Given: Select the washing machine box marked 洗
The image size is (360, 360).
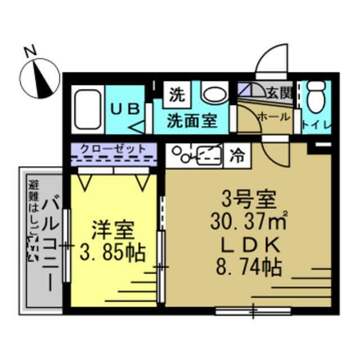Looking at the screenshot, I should pos(176,93).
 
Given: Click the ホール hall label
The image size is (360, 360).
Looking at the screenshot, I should pos(274,116).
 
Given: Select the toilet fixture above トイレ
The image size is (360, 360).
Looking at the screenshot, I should pos(317,95).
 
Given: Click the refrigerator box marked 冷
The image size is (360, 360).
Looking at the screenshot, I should pos(237,155).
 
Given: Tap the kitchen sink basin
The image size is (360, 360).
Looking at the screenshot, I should pos(208,153).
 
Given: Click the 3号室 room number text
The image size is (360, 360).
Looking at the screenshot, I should pos(247,200).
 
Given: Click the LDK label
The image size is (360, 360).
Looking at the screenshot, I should pos(248,246).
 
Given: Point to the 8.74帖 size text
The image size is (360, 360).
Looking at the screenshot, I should pos(247,268).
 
